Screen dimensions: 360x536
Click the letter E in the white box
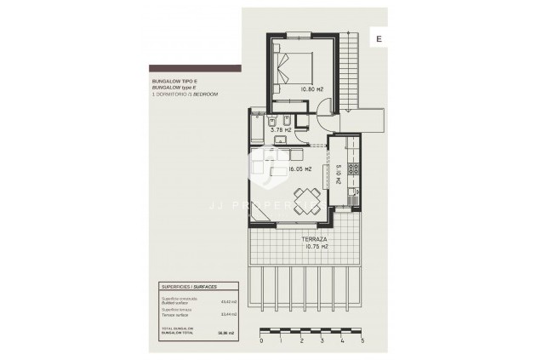pos(379,38)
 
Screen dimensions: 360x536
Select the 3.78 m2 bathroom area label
pos(282,130)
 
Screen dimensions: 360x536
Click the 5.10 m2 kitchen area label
pos(339,175)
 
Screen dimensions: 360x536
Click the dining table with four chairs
pos(305,200)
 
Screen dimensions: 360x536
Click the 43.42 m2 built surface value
pos(227,301)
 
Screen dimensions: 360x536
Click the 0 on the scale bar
pos(261,340)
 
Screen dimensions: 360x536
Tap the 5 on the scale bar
pos(363,340)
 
